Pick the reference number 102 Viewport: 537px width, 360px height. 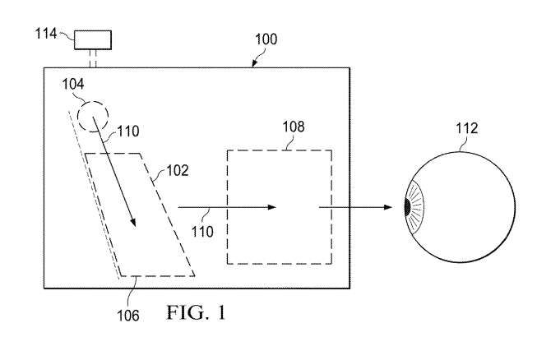pyautogui.click(x=178, y=172)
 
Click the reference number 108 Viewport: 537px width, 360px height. pyautogui.click(x=292, y=127)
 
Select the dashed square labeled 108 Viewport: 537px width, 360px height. pyautogui.click(x=280, y=205)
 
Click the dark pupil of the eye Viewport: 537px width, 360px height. pyautogui.click(x=408, y=207)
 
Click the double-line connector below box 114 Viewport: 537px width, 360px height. pyautogui.click(x=93, y=58)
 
